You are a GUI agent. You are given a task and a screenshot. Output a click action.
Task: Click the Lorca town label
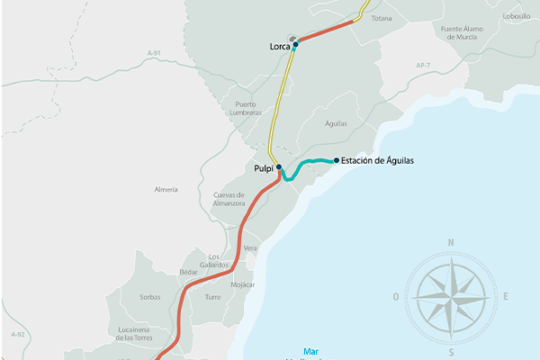click(x=279, y=46)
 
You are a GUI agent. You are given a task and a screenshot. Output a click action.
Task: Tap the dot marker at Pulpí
click(x=279, y=167)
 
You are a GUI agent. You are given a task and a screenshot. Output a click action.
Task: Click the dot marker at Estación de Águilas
click(x=337, y=161)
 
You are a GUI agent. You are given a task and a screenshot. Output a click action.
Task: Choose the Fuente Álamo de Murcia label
click(x=463, y=33)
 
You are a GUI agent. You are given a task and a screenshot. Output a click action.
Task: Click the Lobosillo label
click(x=517, y=15)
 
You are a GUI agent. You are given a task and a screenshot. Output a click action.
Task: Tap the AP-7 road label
click(x=425, y=66)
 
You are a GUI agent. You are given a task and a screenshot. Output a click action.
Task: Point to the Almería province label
click(x=166, y=190)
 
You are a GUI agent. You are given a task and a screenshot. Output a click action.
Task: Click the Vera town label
click(x=250, y=247)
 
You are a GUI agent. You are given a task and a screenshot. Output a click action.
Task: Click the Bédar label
click(x=188, y=271)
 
